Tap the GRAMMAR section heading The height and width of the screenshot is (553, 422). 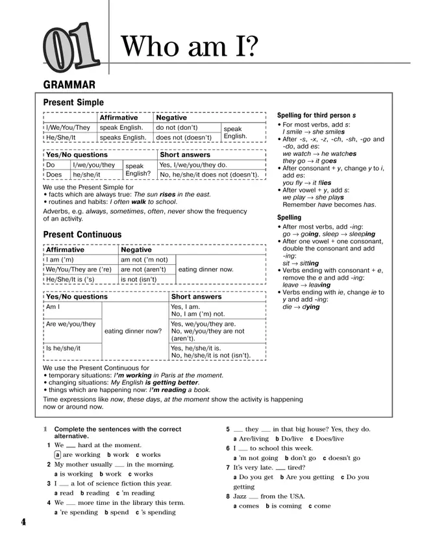tap(69, 84)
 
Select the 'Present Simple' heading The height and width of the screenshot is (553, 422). tap(73, 103)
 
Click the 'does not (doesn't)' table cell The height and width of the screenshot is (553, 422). tap(184, 138)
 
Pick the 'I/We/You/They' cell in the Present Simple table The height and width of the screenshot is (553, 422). tap(68, 128)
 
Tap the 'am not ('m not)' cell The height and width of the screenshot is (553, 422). tap(144, 260)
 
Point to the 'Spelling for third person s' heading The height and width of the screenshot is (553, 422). tap(317, 115)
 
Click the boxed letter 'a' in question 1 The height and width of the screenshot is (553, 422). tap(58, 455)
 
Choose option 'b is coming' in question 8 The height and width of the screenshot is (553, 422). tap(283, 506)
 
